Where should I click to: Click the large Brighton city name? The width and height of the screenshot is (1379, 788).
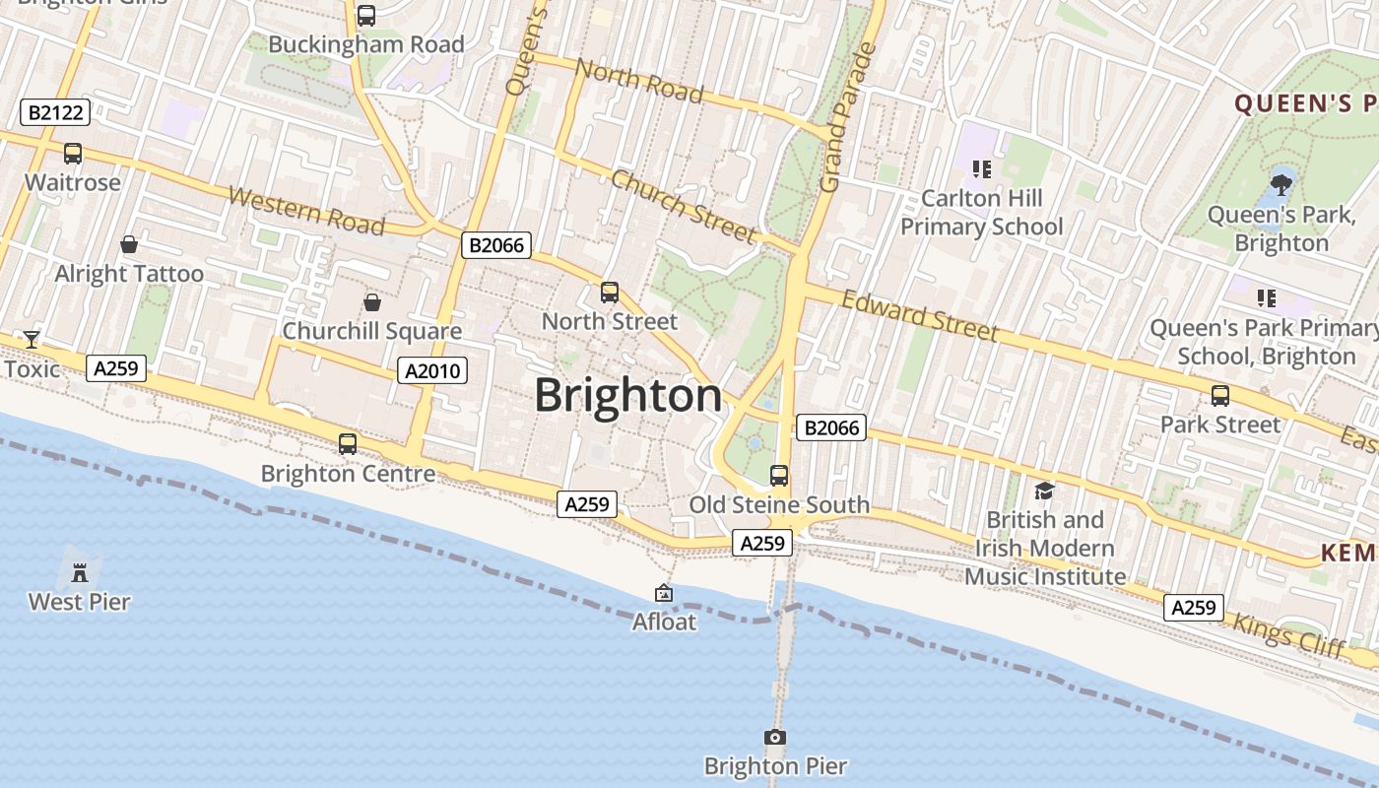(627, 396)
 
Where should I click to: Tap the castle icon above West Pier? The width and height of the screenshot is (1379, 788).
(80, 570)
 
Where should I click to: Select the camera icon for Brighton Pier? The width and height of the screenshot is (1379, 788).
(775, 737)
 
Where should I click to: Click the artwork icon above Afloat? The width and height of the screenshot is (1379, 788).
(664, 593)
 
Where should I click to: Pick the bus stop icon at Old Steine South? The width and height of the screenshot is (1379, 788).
(779, 476)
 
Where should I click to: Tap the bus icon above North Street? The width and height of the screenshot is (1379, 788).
(610, 293)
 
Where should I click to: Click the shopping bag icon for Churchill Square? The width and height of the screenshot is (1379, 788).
(372, 302)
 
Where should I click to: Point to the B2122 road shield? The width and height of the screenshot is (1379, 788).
(56, 112)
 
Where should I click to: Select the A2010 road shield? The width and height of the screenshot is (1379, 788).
(432, 370)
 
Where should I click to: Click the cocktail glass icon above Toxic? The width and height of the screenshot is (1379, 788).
(32, 340)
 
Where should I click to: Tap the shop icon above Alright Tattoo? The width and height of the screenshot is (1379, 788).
(129, 244)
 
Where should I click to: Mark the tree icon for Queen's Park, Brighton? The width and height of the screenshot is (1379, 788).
(1281, 182)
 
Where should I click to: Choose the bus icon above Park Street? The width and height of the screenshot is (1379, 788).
(1220, 396)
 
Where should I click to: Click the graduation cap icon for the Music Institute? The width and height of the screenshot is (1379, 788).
(1044, 490)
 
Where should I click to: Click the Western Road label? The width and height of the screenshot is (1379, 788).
(305, 210)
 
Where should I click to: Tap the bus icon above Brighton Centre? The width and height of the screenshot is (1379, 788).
(348, 444)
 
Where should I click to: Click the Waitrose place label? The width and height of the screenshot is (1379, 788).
(73, 182)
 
